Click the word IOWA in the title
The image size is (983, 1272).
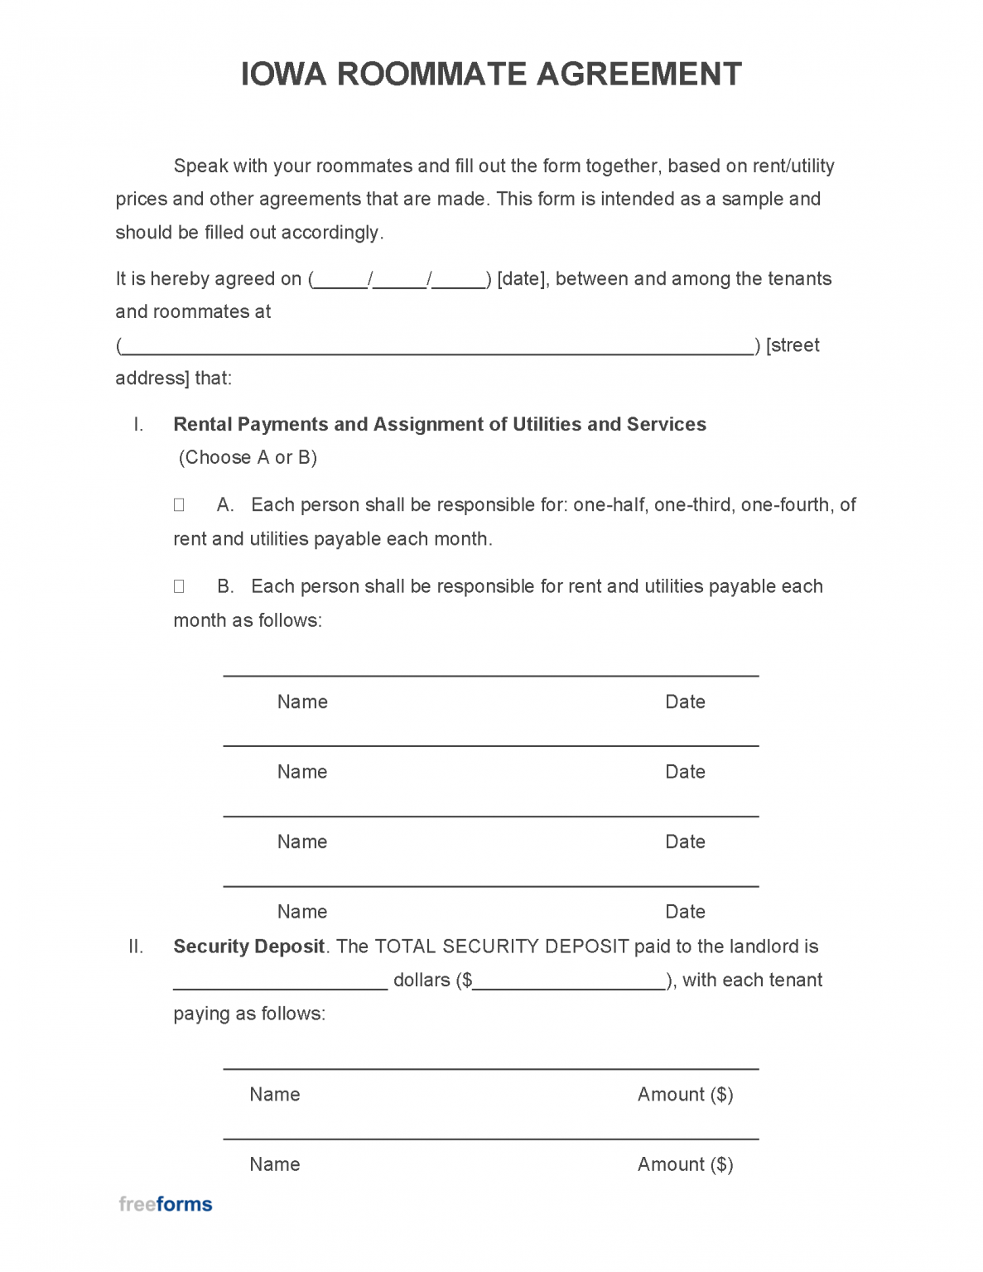(x=283, y=75)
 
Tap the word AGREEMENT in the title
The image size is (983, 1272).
(x=639, y=75)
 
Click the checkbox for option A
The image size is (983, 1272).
(x=179, y=505)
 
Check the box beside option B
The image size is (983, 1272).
(x=179, y=587)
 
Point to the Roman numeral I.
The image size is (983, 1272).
(x=138, y=425)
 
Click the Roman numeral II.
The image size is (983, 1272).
(x=136, y=947)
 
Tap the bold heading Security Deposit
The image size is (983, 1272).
(x=248, y=947)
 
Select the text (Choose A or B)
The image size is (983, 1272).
(x=248, y=458)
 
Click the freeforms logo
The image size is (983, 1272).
(x=166, y=1204)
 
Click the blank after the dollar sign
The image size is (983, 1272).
(x=570, y=981)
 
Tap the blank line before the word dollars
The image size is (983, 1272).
(x=280, y=981)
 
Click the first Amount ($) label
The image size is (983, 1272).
(x=685, y=1095)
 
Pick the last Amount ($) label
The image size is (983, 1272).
(x=685, y=1164)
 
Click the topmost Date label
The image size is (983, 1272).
(x=685, y=702)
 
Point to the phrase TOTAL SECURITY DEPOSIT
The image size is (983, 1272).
(x=502, y=947)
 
